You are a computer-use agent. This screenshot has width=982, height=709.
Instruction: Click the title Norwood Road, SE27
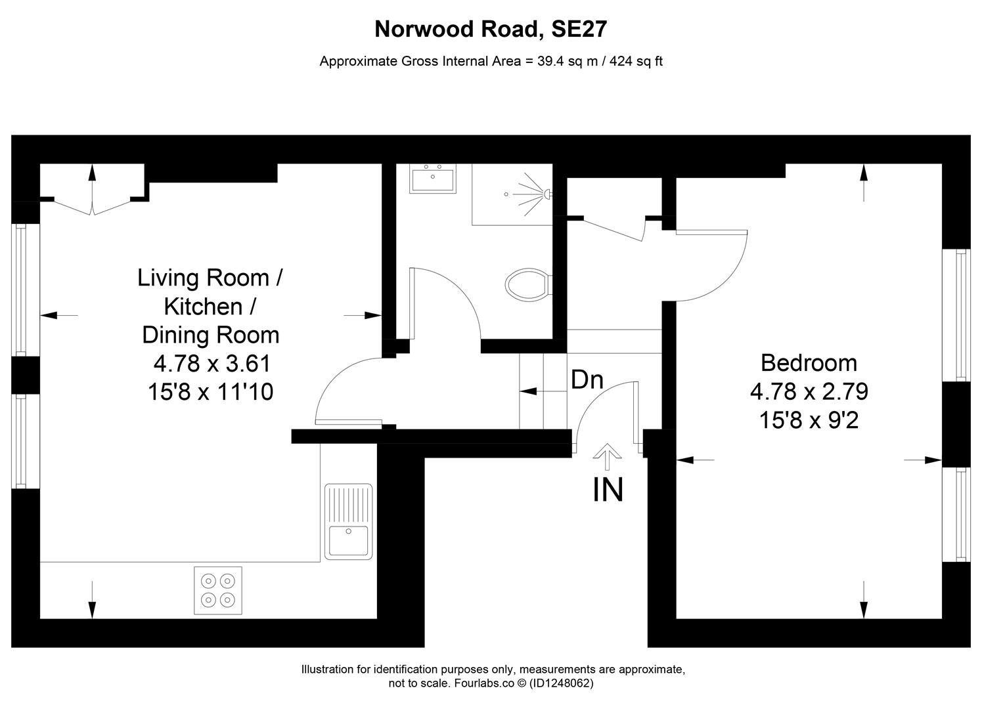[490, 30]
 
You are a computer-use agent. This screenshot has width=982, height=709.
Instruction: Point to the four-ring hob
[218, 590]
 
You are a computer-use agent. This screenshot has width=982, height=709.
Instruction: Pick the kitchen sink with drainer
[348, 521]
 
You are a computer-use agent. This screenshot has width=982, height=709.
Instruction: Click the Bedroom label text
[809, 363]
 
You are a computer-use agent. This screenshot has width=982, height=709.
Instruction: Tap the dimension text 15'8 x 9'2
[809, 420]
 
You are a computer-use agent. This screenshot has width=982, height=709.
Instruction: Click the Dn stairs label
[587, 379]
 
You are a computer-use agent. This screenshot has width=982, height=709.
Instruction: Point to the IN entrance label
[608, 490]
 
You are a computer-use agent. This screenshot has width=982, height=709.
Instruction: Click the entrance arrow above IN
[608, 456]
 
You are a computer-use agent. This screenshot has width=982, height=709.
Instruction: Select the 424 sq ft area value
[636, 62]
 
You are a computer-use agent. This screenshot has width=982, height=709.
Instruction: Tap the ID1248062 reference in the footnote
[563, 683]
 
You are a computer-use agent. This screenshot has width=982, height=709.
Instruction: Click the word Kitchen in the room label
[202, 307]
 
